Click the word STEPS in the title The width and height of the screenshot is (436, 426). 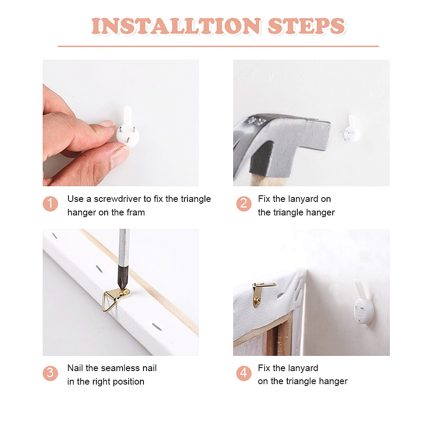tap(307, 26)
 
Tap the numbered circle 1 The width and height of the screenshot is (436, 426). tap(50, 204)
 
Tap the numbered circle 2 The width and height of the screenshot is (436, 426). tap(244, 204)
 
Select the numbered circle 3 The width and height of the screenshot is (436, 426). tap(50, 373)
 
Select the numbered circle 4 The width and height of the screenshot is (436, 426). tap(244, 373)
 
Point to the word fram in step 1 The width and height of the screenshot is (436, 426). tap(136, 212)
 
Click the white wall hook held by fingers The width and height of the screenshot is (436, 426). tap(128, 127)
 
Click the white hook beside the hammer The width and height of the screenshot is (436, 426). tap(351, 130)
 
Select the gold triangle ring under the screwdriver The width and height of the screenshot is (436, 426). tap(109, 302)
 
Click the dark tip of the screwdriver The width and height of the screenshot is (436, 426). tap(122, 278)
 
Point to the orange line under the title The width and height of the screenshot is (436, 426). tap(218, 46)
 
